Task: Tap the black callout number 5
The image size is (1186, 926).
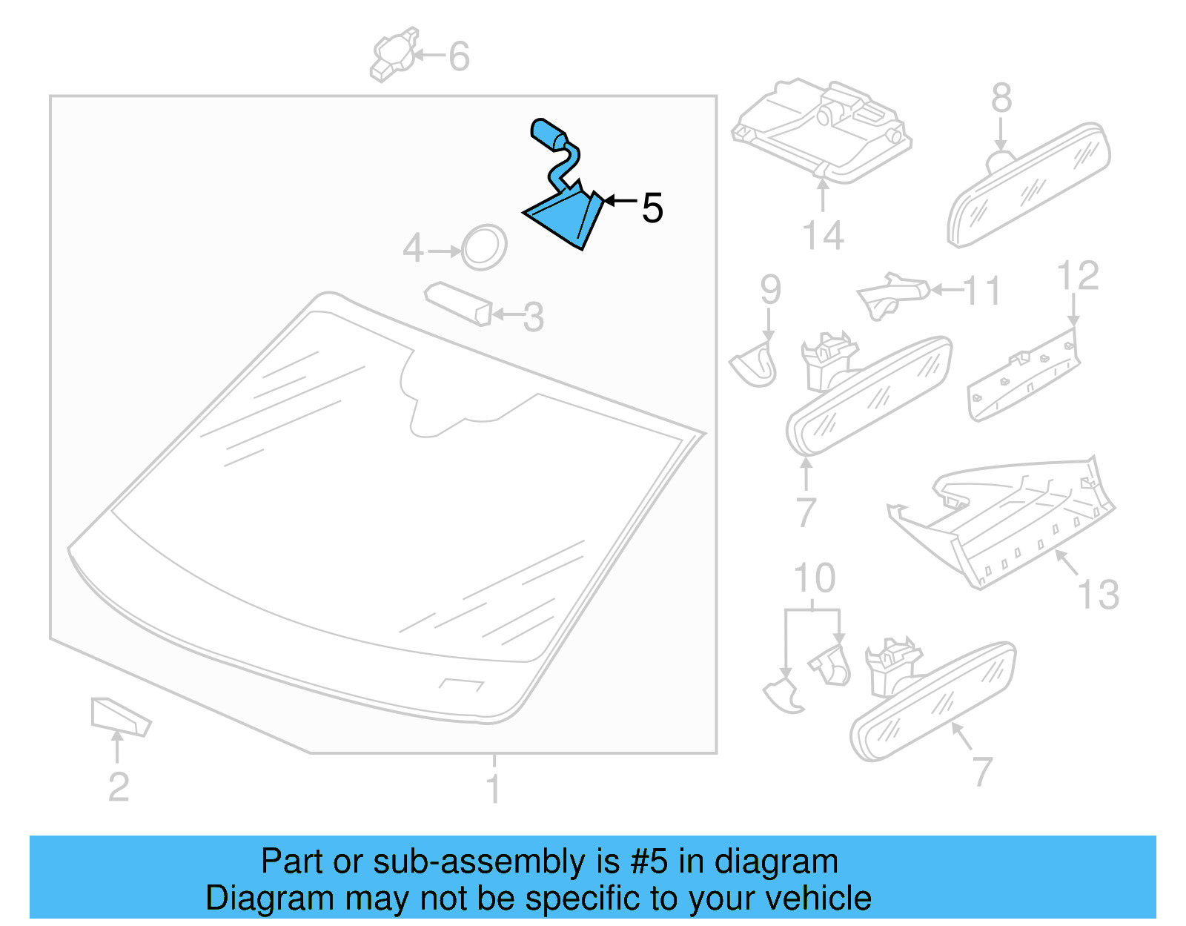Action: (652, 208)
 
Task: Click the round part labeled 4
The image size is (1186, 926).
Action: (484, 247)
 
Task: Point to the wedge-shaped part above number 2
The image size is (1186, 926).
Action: (119, 716)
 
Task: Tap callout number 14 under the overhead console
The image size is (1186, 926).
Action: (823, 235)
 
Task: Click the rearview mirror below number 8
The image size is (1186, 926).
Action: (1030, 185)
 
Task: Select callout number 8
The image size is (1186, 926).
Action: (1001, 98)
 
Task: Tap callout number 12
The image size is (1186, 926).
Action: (1077, 276)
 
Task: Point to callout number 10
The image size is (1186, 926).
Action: (814, 578)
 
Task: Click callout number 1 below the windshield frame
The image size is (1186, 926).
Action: (493, 787)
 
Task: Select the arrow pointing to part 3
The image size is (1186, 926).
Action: (506, 314)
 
